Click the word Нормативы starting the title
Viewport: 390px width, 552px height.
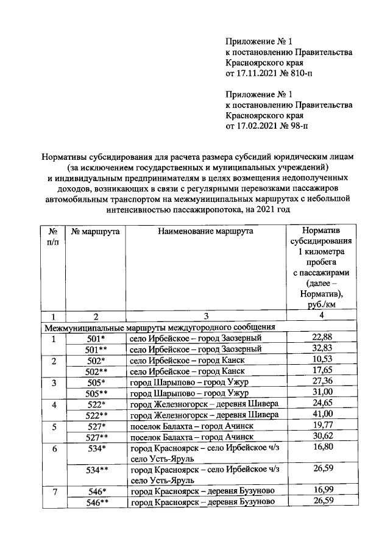62,157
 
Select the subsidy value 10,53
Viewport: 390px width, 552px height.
321,360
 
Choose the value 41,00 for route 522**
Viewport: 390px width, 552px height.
321,415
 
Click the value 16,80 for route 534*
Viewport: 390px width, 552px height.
321,448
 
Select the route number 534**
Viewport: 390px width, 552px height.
96,470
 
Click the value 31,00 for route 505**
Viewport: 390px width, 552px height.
321,393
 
